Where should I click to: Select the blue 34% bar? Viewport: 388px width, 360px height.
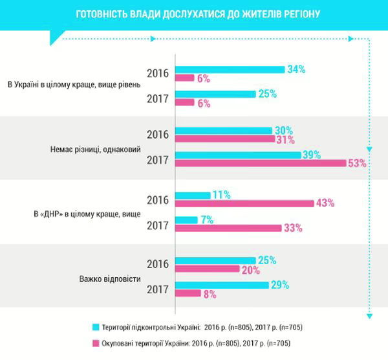(x=230, y=69)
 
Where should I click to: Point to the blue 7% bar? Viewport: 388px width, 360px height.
(x=187, y=220)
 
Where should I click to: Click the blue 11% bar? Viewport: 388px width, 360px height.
(x=193, y=195)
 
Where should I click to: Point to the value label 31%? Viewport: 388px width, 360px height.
(x=285, y=139)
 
